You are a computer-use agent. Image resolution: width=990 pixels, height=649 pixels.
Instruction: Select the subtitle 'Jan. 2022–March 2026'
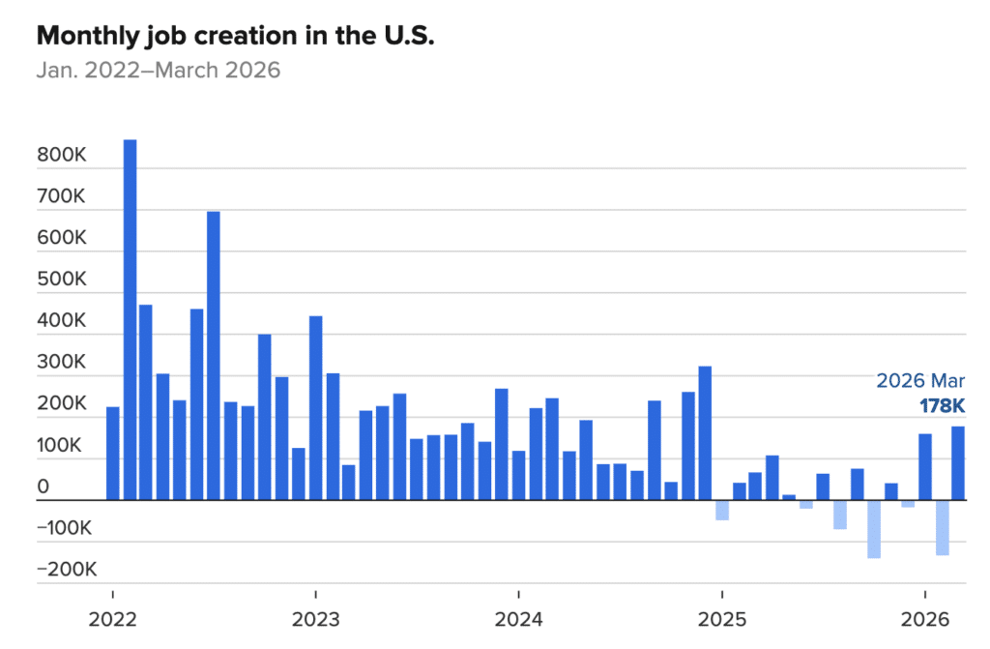(159, 71)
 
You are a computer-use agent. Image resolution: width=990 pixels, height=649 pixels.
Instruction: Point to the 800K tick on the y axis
(61, 155)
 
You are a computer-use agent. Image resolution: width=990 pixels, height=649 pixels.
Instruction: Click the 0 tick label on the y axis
(43, 487)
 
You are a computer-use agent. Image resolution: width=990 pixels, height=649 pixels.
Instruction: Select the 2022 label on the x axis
(113, 618)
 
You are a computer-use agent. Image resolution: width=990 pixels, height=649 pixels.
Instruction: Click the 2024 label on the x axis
(518, 618)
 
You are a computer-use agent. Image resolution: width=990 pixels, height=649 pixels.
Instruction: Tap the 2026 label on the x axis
(924, 618)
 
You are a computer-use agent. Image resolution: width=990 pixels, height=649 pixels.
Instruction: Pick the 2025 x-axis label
(721, 618)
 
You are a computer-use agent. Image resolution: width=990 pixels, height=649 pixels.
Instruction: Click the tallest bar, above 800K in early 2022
(130, 319)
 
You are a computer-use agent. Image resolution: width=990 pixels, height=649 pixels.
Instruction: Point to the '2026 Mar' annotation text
(919, 380)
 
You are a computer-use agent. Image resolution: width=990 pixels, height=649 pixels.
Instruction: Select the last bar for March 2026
(958, 463)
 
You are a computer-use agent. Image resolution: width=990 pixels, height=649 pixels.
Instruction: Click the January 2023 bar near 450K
(315, 407)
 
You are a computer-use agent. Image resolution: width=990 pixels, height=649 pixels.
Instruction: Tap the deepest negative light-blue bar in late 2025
(874, 529)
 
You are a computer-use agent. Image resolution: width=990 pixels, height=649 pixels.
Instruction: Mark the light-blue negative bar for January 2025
(722, 510)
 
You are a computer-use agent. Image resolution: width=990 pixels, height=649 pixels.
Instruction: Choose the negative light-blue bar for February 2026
(942, 527)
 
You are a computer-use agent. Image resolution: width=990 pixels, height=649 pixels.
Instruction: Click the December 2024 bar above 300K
(705, 432)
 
